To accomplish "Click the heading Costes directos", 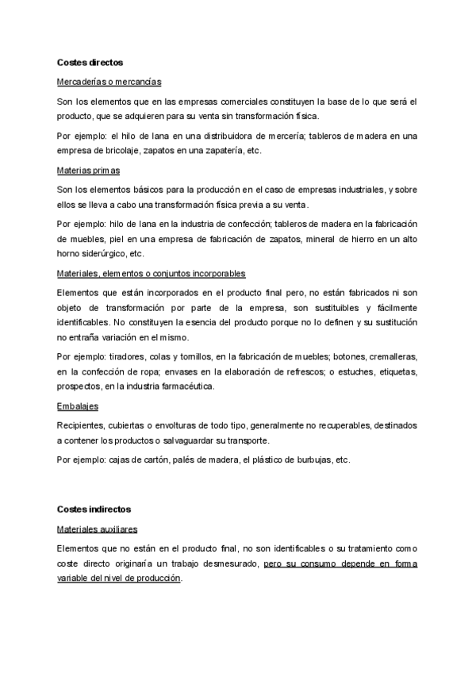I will (90, 62).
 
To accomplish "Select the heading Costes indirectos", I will (94, 509).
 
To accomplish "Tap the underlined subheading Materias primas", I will (88, 171).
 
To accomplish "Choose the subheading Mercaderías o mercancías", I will (109, 82).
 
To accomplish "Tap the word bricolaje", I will (132, 151).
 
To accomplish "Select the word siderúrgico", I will (103, 254).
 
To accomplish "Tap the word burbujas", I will (310, 460).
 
